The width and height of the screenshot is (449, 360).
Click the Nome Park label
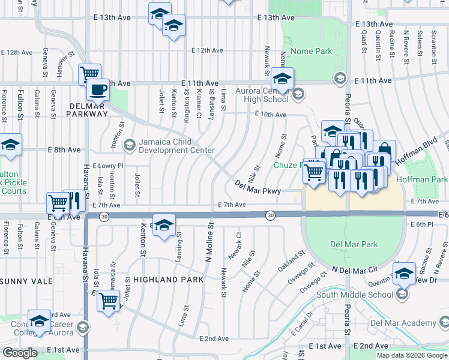pos(311,52)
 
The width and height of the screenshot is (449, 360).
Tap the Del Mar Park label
pos(354,244)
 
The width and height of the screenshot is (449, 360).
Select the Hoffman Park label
pos(430,179)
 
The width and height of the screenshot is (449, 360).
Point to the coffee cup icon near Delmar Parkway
pos(98,91)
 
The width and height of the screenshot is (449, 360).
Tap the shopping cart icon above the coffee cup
pos(89,74)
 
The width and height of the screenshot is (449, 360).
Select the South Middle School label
pos(354,294)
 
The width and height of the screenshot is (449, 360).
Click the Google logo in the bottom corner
pos(20,353)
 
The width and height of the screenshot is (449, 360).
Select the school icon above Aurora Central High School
pos(282,78)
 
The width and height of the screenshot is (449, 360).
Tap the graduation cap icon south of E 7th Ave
pos(163,226)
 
